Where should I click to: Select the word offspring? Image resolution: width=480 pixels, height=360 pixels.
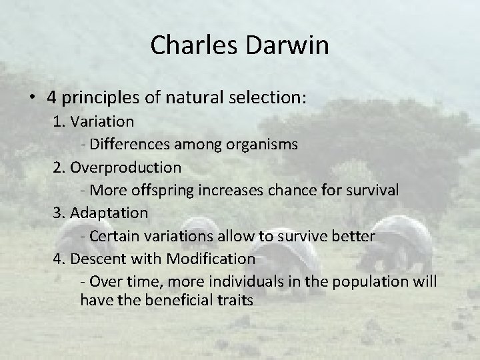(x=160, y=189)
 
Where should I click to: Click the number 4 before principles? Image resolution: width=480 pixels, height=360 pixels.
(x=51, y=97)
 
